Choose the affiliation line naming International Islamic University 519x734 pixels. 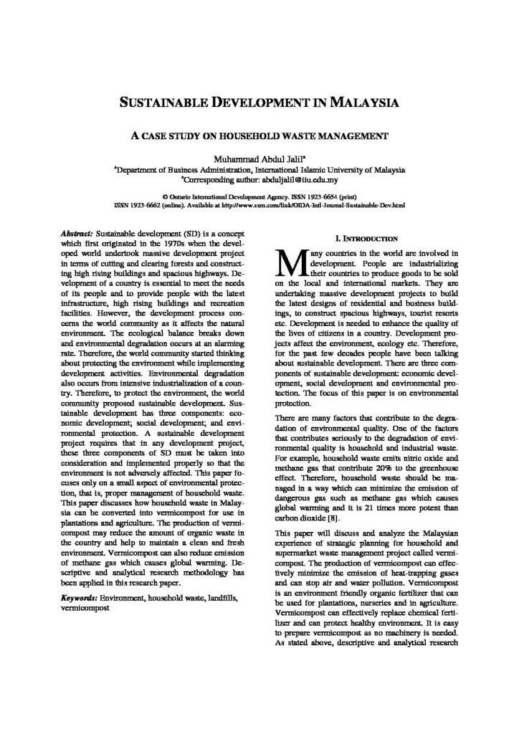coord(259,170)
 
